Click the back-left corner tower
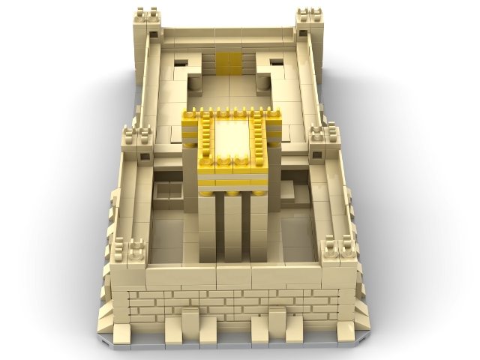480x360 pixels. [x=147, y=26]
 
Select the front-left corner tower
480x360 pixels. [x=128, y=255]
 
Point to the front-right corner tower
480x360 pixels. [x=340, y=255]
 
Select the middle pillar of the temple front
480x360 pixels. [x=232, y=225]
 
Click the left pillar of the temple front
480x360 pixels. [x=208, y=225]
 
